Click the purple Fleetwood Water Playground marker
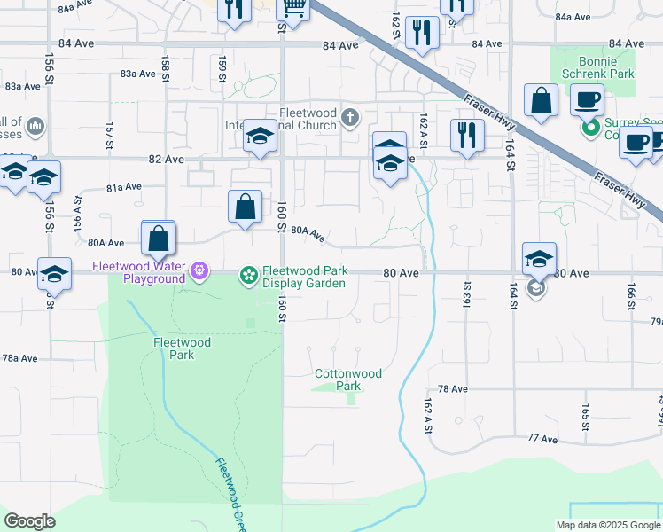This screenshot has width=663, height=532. [200, 269]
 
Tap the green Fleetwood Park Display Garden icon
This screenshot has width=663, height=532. [249, 278]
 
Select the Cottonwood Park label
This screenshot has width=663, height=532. [348, 379]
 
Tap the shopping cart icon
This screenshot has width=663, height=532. [293, 9]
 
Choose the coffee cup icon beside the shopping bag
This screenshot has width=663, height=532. [587, 99]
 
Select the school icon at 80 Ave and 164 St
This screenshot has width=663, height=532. [539, 259]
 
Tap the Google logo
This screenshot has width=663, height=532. [29, 521]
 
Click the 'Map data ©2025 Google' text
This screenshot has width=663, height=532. [608, 525]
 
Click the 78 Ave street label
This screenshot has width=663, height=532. [452, 389]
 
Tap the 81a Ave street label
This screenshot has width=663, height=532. [124, 187]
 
